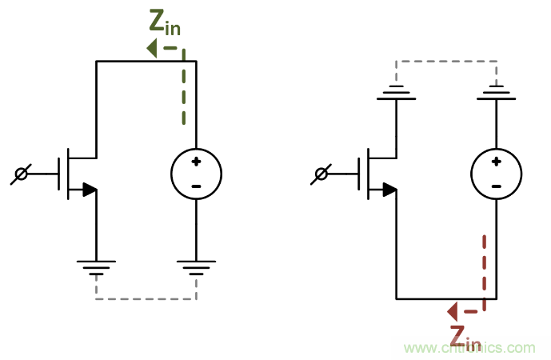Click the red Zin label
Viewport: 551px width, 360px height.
(465, 338)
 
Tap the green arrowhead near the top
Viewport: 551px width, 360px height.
(151, 49)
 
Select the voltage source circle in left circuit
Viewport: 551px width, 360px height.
(196, 174)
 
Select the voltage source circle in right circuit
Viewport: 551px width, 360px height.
(496, 174)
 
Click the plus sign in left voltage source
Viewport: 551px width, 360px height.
(196, 162)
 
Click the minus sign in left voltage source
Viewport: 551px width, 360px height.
(196, 186)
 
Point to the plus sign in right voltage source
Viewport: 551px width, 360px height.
(496, 162)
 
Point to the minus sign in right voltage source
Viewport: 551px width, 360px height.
(496, 186)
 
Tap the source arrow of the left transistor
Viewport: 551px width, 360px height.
(89, 190)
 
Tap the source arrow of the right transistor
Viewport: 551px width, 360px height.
(389, 190)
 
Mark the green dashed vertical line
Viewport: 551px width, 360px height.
(183, 88)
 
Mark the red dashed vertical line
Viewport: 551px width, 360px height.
(484, 268)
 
